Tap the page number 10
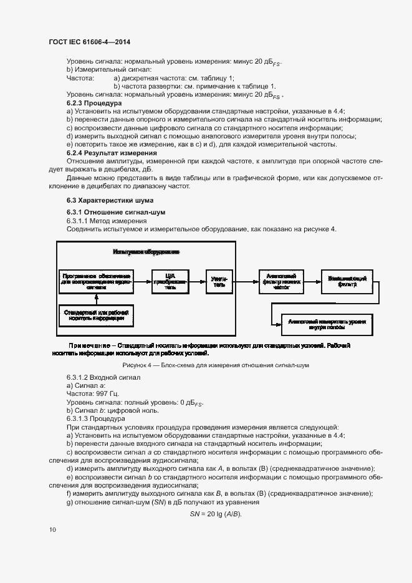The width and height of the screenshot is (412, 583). tap(52, 529)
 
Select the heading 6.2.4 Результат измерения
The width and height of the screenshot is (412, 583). tap(112, 153)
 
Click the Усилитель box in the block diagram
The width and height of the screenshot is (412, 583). tap(219, 281)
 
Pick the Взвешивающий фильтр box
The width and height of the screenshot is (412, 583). tap(348, 281)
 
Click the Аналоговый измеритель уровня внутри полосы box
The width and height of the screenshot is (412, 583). tap(327, 323)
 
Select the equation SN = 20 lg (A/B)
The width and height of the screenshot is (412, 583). tap(215, 513)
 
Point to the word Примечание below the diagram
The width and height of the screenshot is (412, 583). tap(90, 345)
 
